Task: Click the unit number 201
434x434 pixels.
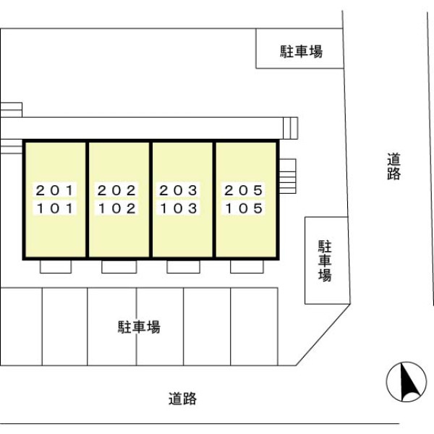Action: click(54, 190)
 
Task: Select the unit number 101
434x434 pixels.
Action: click(54, 208)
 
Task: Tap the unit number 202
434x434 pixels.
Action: click(116, 190)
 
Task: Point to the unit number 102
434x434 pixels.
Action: click(116, 208)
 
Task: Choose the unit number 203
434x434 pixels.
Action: click(178, 190)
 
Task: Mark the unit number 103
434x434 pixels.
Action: click(178, 208)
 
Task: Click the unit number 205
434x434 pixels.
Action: click(243, 190)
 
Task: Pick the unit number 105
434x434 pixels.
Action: click(243, 208)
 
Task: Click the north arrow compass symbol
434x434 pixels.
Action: click(407, 382)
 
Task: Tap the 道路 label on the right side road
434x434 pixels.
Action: click(393, 166)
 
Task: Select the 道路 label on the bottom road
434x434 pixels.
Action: click(183, 399)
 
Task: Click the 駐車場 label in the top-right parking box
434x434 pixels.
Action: click(302, 51)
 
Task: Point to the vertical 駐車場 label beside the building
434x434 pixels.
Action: click(325, 261)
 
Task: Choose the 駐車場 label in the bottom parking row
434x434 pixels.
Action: click(139, 327)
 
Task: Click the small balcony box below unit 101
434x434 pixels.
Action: click(56, 267)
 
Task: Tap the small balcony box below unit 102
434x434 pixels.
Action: click(119, 267)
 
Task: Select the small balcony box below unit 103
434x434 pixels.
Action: click(183, 267)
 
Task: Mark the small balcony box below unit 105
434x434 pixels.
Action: click(247, 267)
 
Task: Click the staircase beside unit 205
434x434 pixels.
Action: click(288, 176)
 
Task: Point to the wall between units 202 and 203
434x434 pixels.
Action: click(151, 200)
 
